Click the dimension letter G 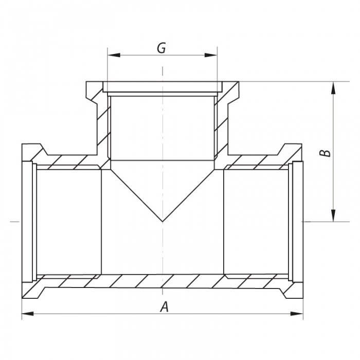tap(161, 48)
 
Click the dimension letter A tap(165, 307)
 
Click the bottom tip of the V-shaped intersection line tap(163, 222)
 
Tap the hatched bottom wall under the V tap(163, 281)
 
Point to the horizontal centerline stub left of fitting tap(15, 222)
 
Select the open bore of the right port tap(257, 221)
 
